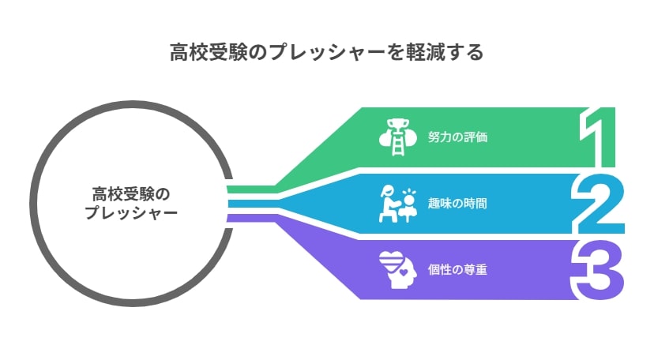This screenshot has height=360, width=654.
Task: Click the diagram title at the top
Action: [x=326, y=52]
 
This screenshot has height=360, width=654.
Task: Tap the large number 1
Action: [x=598, y=137]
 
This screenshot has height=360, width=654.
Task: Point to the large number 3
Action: [x=597, y=269]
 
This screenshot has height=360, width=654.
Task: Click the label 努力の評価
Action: [x=457, y=137]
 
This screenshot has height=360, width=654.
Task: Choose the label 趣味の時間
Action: [x=457, y=204]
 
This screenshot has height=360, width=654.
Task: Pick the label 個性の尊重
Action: [x=457, y=269]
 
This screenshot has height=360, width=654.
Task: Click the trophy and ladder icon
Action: [x=397, y=137]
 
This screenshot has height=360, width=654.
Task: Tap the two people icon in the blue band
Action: [x=398, y=204]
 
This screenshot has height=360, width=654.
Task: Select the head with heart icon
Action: [x=398, y=269]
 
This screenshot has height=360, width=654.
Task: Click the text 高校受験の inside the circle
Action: [x=131, y=194]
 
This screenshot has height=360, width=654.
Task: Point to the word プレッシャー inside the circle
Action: [x=131, y=212]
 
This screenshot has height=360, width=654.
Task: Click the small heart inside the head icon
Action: [x=404, y=273]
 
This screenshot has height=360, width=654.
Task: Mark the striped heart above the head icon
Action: [x=391, y=261]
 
